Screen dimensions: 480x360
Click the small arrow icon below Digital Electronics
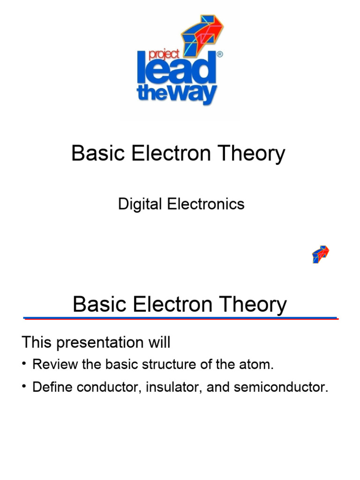321,254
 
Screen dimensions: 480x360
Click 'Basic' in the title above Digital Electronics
94,154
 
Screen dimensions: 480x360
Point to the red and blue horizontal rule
181,318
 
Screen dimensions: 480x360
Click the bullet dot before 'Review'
24,364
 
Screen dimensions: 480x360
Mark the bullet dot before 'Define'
24,388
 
